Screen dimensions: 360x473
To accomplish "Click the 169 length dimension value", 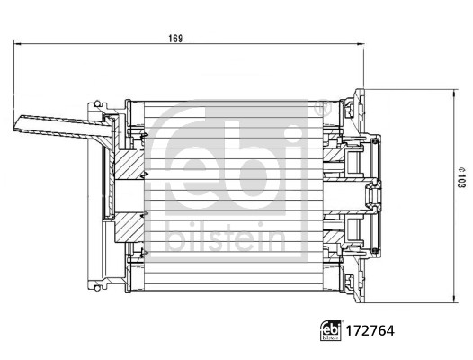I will point(175,38).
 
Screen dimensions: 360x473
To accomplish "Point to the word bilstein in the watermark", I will point(225,238).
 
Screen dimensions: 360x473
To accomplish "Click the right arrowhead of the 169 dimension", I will point(358,43).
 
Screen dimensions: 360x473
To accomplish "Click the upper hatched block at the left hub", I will point(128,166).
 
